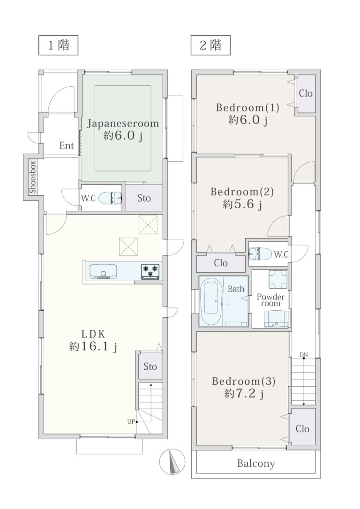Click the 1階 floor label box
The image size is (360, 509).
coord(59,45)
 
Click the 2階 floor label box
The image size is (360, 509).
coord(210,45)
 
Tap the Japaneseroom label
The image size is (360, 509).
coord(123,124)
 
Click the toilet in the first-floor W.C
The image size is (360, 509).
coord(110,198)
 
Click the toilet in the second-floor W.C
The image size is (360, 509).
coord(260,254)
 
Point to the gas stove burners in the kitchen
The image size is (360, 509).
coord(150,271)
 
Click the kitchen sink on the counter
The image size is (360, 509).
coord(103,271)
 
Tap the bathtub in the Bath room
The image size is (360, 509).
coord(211,301)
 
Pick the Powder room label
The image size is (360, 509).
coord(270,300)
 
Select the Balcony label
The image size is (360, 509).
coord(256,464)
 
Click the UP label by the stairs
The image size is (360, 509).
coord(131,422)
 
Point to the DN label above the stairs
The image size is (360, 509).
coord(304,355)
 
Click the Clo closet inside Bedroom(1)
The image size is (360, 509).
coord(306,94)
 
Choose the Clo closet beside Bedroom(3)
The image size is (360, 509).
coord(302,427)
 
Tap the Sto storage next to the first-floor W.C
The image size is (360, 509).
coord(144,198)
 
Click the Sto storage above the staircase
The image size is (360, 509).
coord(150,367)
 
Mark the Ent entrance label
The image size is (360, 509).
coord(67,146)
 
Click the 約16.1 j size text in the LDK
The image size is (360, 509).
coord(93,347)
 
